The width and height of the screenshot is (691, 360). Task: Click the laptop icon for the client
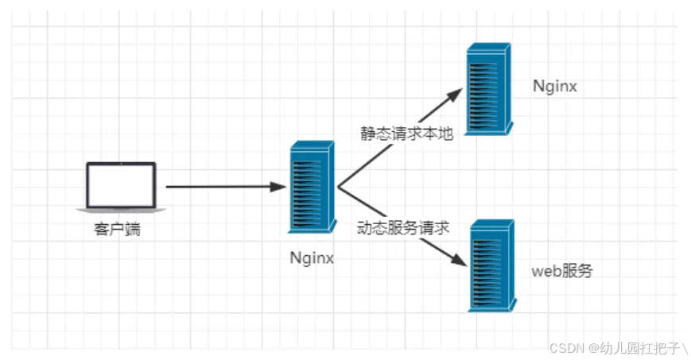pos(121,188)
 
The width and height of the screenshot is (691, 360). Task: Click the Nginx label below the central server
pos(312,257)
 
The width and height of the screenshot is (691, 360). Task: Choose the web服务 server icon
pos(491,265)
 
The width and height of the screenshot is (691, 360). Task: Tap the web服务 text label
pos(562,271)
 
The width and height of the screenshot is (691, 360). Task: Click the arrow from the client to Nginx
pos(223,188)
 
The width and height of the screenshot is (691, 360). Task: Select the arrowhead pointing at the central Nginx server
pos(278,188)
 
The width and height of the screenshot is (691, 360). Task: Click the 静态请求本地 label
pos(406,134)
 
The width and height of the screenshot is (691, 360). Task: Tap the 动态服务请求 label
pos(405,227)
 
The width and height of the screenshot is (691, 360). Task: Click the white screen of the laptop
pos(121,184)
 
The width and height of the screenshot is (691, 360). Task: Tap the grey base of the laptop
pos(121,210)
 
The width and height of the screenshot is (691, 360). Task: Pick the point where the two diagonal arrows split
pos(338,188)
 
